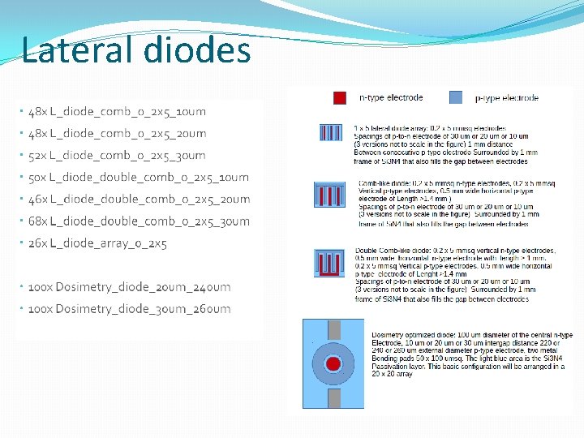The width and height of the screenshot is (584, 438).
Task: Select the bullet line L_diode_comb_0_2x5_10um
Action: [117, 112]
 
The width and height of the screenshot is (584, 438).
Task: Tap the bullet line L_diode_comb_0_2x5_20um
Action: [117, 134]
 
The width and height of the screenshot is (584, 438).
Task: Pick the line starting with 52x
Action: [117, 156]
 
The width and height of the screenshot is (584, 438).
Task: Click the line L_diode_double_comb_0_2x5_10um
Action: [138, 178]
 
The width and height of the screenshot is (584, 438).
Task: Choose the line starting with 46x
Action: [138, 200]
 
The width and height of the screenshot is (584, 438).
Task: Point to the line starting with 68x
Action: [138, 221]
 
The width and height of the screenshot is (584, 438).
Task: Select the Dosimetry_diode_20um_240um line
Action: [129, 287]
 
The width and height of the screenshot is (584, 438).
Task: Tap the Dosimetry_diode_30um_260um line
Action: [129, 309]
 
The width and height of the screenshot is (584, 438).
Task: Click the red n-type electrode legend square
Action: [340, 98]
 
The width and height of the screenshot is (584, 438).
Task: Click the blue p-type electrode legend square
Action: [456, 98]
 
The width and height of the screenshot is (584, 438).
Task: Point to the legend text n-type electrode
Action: [391, 98]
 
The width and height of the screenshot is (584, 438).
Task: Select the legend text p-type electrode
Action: [506, 98]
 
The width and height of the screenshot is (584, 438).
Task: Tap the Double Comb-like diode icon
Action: [328, 263]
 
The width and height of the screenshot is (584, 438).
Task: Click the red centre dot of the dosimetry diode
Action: [334, 363]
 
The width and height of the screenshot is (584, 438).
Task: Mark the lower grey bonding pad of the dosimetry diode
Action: [334, 398]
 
